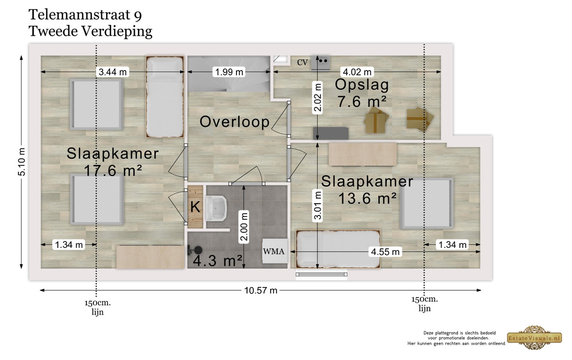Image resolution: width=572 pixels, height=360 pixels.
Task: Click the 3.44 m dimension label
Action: click(112, 72)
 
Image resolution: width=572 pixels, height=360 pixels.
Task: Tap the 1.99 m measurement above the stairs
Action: click(229, 72)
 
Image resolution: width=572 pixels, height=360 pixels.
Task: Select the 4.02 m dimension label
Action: click(357, 72)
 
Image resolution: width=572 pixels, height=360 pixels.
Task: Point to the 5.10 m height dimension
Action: click(22, 162)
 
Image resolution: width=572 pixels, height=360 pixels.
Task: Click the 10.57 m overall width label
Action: click(261, 290)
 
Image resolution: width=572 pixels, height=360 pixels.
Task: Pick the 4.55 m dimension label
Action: click(385, 252)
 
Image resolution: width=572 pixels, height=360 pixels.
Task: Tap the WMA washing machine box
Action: click(275, 251)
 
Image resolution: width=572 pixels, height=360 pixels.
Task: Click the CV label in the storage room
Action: click(302, 62)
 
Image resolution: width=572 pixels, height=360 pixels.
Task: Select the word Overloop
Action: click(235, 122)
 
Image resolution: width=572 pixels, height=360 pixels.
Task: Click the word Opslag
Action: click(362, 85)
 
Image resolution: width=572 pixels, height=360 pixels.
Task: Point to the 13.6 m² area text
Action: click(367, 198)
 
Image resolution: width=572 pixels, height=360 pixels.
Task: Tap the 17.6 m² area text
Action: click(112, 170)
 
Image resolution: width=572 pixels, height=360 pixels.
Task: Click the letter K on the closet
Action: click(195, 207)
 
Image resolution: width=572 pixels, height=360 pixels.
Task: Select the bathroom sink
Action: click(216, 208)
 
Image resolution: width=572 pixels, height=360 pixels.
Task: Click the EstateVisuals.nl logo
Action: click(534, 338)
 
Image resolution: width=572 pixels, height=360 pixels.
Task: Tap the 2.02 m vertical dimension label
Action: click(317, 98)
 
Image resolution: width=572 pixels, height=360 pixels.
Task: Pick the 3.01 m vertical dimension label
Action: click(317, 206)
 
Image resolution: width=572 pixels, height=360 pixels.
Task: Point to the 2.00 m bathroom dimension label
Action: click(244, 226)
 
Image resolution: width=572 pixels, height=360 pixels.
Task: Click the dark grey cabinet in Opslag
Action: click(331, 134)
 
